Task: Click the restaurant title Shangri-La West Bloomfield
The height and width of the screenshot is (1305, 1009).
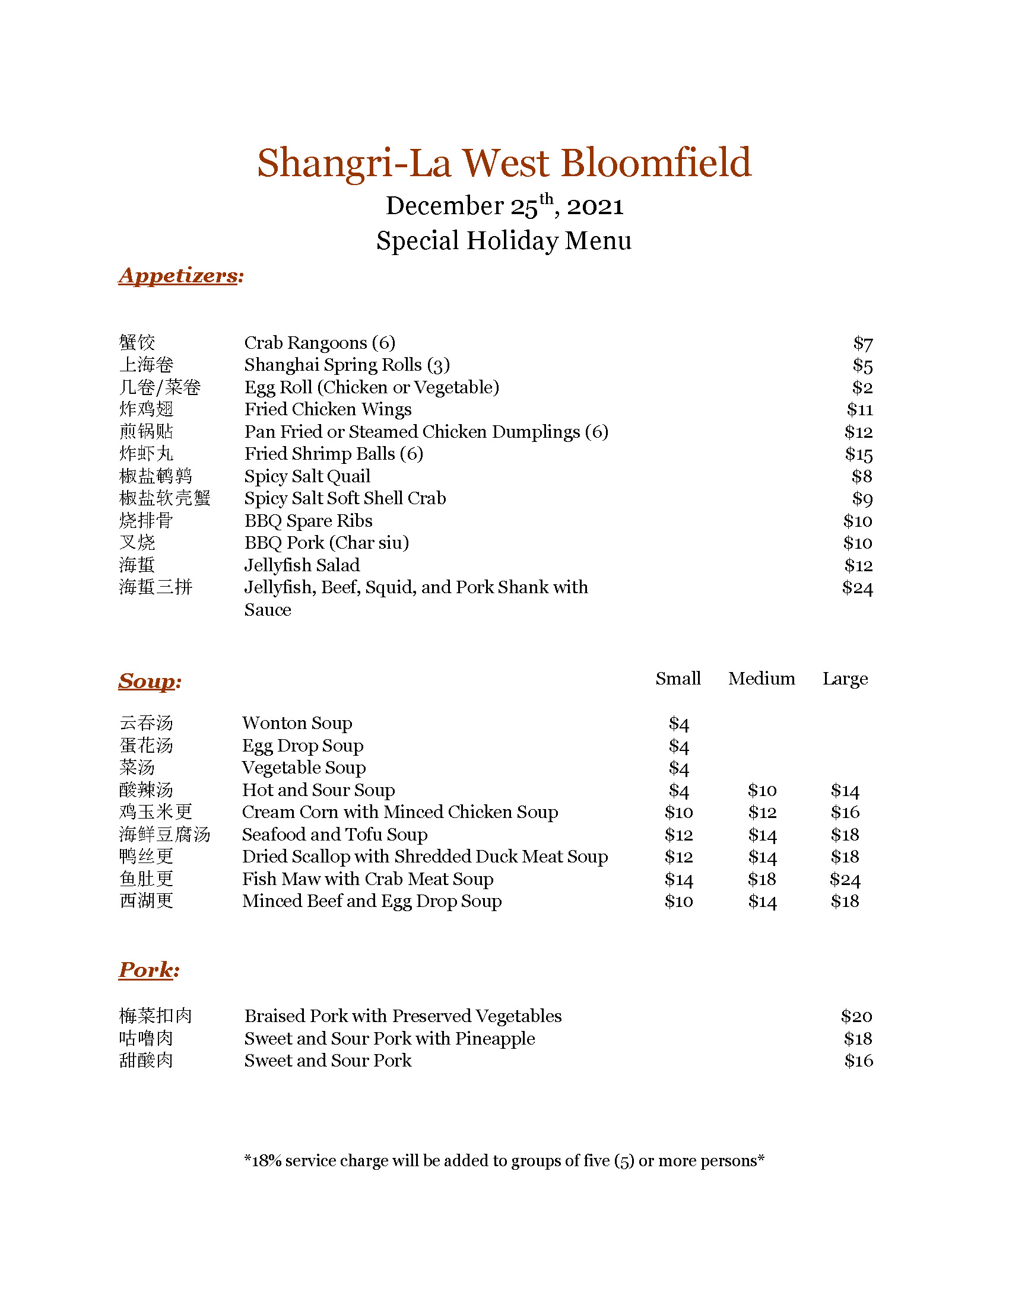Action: tap(504, 163)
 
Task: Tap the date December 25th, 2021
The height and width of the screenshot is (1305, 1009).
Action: tap(504, 206)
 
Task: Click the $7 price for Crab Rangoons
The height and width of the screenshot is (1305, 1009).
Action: tap(862, 343)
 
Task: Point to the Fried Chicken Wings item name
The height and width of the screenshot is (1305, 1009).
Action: tap(328, 409)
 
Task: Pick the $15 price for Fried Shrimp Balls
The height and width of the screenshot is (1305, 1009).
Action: tap(858, 454)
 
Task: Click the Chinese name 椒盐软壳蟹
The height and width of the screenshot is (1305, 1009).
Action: tap(164, 498)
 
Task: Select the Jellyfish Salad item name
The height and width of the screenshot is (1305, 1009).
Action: tap(302, 565)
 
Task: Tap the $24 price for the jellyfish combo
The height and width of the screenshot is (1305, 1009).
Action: tap(857, 588)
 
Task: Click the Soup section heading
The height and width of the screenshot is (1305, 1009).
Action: tap(150, 680)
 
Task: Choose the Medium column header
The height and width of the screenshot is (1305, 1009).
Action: tap(761, 679)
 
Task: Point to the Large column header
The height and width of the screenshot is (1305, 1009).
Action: tap(845, 679)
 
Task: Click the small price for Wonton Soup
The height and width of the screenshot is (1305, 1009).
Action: tap(678, 724)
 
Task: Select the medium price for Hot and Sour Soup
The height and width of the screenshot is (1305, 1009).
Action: tap(762, 791)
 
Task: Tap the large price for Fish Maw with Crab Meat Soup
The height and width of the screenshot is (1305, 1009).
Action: tap(845, 880)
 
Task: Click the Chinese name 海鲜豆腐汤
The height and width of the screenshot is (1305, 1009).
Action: tap(164, 835)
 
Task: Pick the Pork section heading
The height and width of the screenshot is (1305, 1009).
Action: tap(149, 970)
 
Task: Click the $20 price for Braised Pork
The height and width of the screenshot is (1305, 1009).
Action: tap(856, 1016)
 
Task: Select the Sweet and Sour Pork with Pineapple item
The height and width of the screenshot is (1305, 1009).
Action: tap(389, 1039)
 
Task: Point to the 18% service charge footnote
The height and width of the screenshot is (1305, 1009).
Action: tap(504, 1161)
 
